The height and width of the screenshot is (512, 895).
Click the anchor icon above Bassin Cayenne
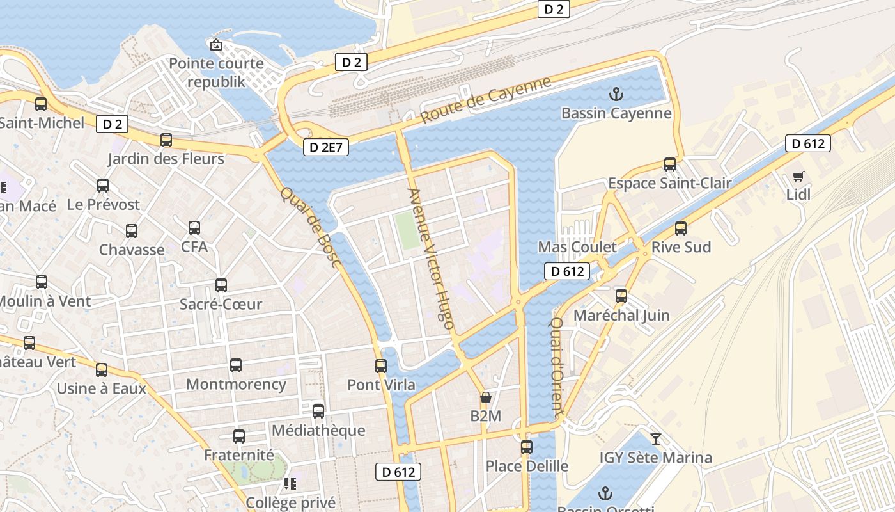click(616, 95)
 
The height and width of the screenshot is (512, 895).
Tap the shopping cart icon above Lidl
click(798, 175)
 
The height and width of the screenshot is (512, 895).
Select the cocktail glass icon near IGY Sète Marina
click(655, 439)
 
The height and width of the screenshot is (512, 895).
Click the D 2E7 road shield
click(326, 147)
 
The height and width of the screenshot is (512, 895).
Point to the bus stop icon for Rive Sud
click(681, 228)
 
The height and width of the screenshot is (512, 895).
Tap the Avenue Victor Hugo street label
click(431, 259)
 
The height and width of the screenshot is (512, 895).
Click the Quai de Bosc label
click(311, 227)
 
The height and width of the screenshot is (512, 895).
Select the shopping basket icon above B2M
click(486, 397)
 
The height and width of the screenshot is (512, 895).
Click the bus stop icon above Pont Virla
click(381, 366)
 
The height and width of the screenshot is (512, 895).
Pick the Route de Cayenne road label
click(486, 101)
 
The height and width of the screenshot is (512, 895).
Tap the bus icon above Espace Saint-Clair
click(670, 164)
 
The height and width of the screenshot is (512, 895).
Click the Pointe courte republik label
click(216, 72)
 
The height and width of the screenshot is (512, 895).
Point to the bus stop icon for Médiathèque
click(318, 412)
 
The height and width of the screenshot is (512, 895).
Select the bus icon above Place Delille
click(527, 447)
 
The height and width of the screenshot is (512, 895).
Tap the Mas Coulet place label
click(577, 247)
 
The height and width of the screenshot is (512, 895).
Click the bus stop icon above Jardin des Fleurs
click(166, 140)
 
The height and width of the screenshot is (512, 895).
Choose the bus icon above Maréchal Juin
click(621, 296)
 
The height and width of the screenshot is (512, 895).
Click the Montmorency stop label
click(236, 384)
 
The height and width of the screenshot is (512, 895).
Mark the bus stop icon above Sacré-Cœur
click(221, 285)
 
